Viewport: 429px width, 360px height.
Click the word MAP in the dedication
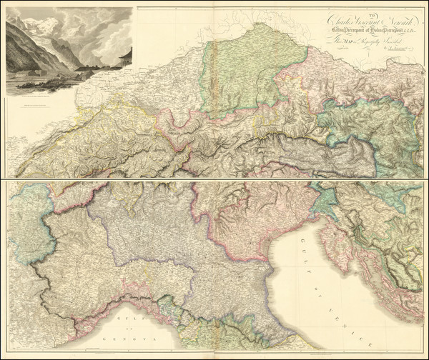point(343,41)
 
